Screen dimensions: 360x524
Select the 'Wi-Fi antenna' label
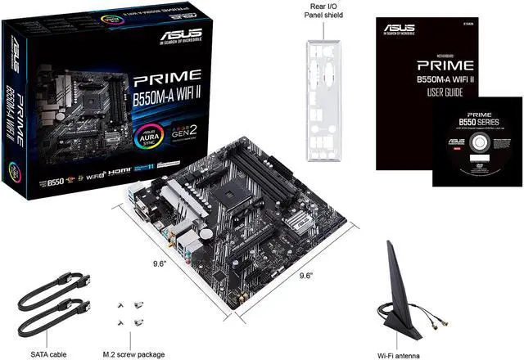click(400, 354)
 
